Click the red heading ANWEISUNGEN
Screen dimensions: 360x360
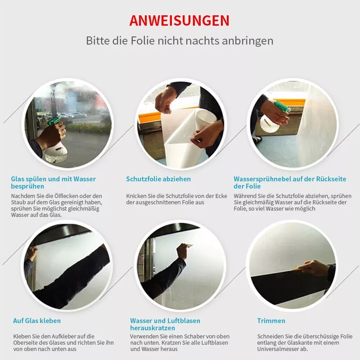tap(179, 21)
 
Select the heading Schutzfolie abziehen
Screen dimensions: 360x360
tap(158, 179)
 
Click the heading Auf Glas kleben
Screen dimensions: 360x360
tap(37, 321)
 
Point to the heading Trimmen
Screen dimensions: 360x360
tap(271, 321)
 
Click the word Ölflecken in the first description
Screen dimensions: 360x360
tap(65, 196)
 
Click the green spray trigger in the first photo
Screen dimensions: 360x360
tap(54, 120)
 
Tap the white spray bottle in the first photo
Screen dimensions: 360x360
tap(56, 152)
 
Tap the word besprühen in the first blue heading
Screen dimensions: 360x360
tap(27, 186)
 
